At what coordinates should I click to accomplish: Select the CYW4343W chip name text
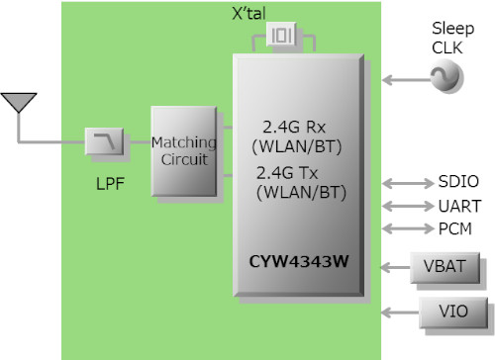(299, 263)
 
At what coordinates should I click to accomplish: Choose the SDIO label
(458, 182)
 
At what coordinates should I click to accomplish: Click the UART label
(459, 206)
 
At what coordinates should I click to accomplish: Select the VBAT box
(449, 266)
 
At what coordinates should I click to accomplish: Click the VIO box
(450, 312)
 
